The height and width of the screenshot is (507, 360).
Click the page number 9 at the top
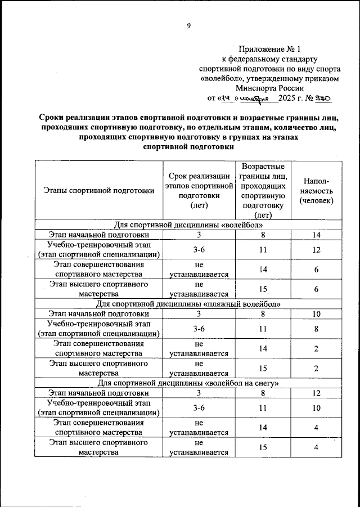tap(189, 25)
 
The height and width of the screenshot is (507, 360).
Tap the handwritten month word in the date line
tap(259, 98)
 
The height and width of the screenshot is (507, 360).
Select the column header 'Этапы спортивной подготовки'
tap(98, 191)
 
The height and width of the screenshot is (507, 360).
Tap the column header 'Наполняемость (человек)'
tap(316, 191)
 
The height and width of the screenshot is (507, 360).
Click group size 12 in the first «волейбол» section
tap(316, 249)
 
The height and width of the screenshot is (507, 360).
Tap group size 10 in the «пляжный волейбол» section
tap(316, 313)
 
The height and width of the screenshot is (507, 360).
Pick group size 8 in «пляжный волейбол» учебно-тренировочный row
tap(316, 329)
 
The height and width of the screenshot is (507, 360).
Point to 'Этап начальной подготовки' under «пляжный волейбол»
tap(98, 313)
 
